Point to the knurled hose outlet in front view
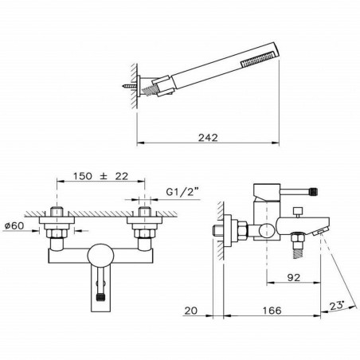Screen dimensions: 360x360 point(100,294)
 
